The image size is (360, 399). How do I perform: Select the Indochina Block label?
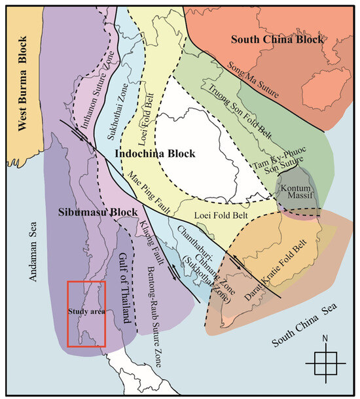[x=156, y=154]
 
